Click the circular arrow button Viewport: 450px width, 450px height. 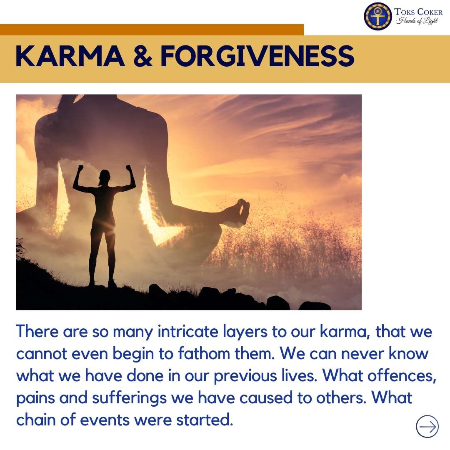click(427, 426)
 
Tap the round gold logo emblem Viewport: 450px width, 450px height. click(378, 16)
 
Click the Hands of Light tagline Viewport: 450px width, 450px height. click(417, 21)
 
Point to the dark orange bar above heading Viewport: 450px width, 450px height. click(152, 30)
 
